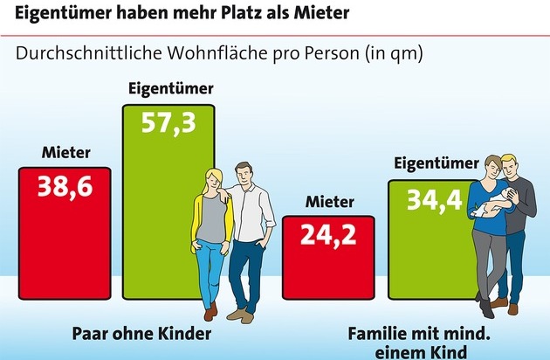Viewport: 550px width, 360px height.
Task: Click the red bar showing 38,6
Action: pos(65,232)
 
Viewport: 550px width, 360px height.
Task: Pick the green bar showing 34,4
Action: pos(428,240)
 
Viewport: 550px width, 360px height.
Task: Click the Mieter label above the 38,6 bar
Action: pos(65,154)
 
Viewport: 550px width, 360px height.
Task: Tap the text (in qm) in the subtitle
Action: pos(391,53)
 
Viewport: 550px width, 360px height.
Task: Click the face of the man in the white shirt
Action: pos(247,177)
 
